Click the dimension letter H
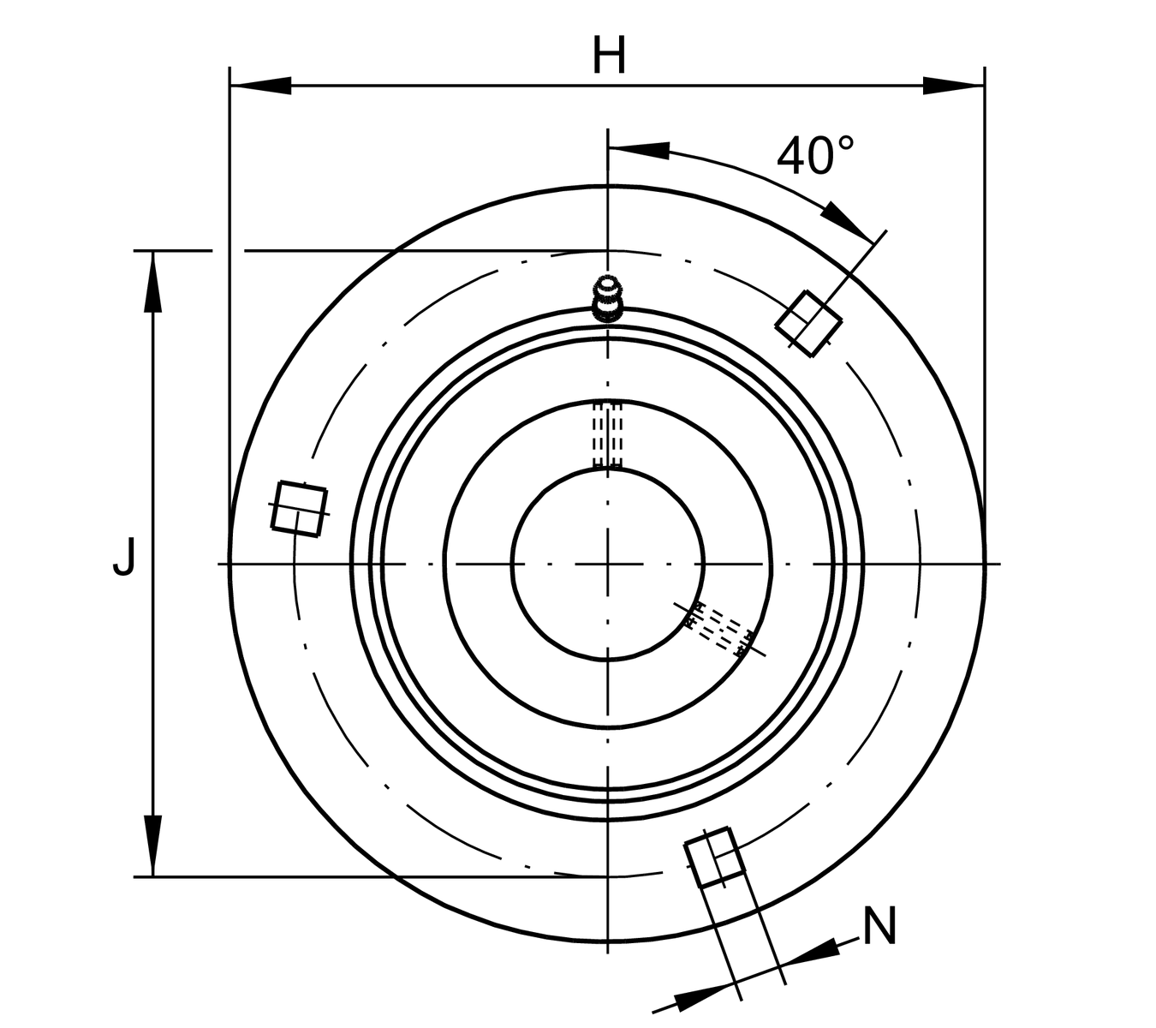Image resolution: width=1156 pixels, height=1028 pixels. point(610,55)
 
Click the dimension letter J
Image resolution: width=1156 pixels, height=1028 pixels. point(124,556)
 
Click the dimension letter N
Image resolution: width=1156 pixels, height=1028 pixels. point(879,925)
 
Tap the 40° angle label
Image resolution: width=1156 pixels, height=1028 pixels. point(815,155)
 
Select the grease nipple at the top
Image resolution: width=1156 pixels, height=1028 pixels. point(608,298)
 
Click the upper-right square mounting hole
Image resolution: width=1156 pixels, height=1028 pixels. point(808,324)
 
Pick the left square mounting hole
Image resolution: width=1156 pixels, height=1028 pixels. point(299,509)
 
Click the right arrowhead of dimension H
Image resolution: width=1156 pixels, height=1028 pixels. point(953,86)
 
